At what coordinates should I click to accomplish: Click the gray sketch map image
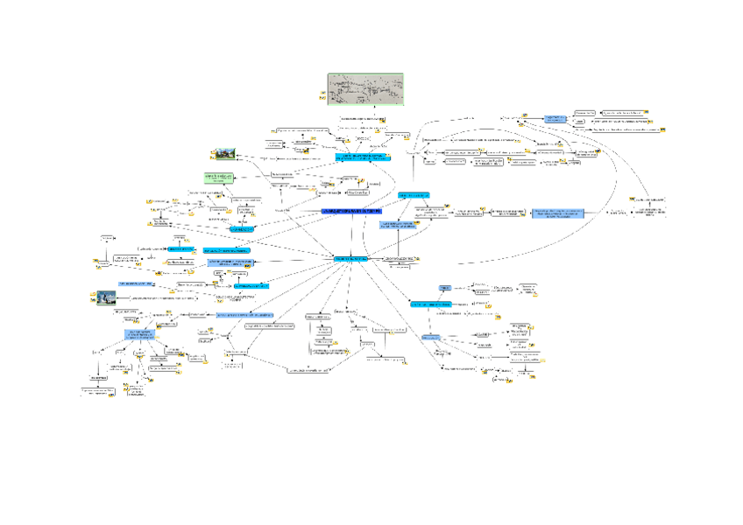pos(364,90)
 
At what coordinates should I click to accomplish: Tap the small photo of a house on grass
pos(226,154)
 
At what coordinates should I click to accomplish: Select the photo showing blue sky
pos(105,297)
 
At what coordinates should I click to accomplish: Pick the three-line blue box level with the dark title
pos(559,213)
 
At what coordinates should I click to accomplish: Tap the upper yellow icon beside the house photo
pos(240,150)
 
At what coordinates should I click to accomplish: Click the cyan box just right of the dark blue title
pos(414,194)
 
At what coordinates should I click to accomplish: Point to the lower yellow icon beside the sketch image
pos(322,99)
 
